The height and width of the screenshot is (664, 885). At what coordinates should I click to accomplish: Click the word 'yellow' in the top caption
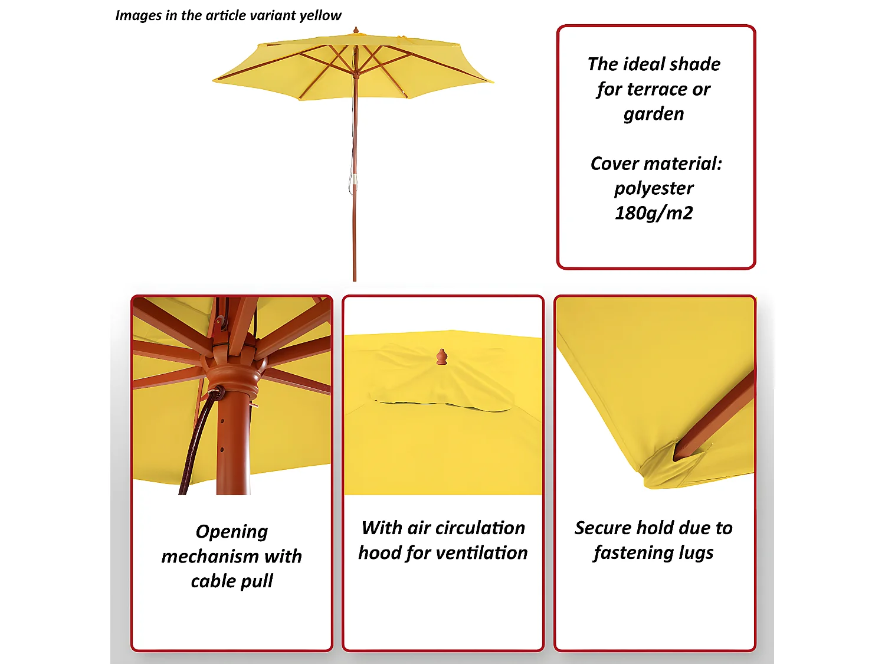point(320,15)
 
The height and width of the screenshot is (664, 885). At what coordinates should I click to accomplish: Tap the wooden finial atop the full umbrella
point(356,30)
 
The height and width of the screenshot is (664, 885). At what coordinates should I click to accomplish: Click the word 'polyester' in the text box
point(654,188)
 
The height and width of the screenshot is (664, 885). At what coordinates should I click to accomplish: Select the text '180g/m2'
point(654,212)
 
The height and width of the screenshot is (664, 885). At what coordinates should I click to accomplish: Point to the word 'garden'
point(654,113)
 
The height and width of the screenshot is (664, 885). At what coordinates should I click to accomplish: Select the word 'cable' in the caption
point(214,581)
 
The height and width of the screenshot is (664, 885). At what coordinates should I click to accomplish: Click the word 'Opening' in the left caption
point(232,532)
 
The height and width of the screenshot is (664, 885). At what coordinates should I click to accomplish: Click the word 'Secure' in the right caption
point(604,528)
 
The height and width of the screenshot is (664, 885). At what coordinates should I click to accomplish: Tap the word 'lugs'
point(696,553)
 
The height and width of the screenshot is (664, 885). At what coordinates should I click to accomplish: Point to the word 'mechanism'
point(210,557)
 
